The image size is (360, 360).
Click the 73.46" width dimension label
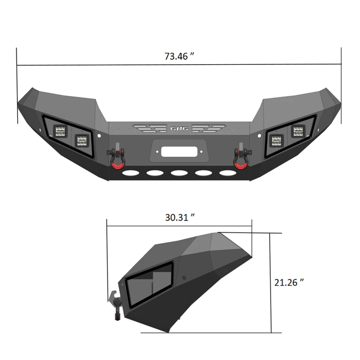(x=179, y=57)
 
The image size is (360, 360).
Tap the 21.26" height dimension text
(x=288, y=282)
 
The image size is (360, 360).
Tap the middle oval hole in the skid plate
(x=179, y=174)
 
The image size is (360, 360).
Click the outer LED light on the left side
(x=60, y=131)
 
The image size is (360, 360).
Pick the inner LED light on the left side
(x=82, y=141)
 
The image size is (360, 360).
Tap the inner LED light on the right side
(x=276, y=141)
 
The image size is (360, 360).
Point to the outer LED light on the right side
(x=298, y=131)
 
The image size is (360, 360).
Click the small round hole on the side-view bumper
(x=184, y=278)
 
